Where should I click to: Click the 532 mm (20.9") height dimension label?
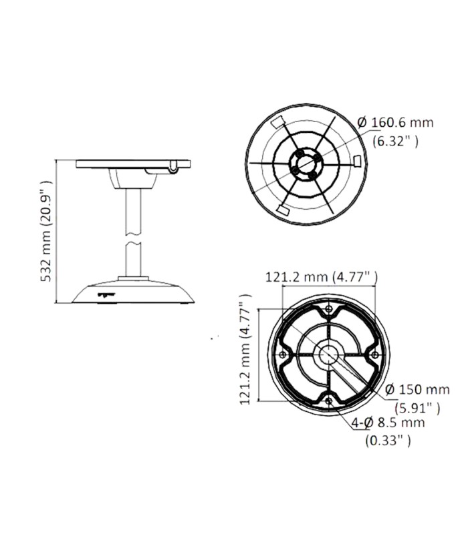click(46, 231)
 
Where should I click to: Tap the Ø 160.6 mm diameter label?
click(396, 122)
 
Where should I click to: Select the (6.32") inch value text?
click(396, 141)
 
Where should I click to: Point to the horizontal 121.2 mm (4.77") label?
click(322, 277)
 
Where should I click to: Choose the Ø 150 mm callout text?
click(417, 389)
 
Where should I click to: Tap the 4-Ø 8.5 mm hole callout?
click(388, 423)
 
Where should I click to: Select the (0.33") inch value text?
click(388, 441)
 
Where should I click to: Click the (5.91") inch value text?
click(417, 408)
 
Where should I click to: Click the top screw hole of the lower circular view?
click(328, 309)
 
